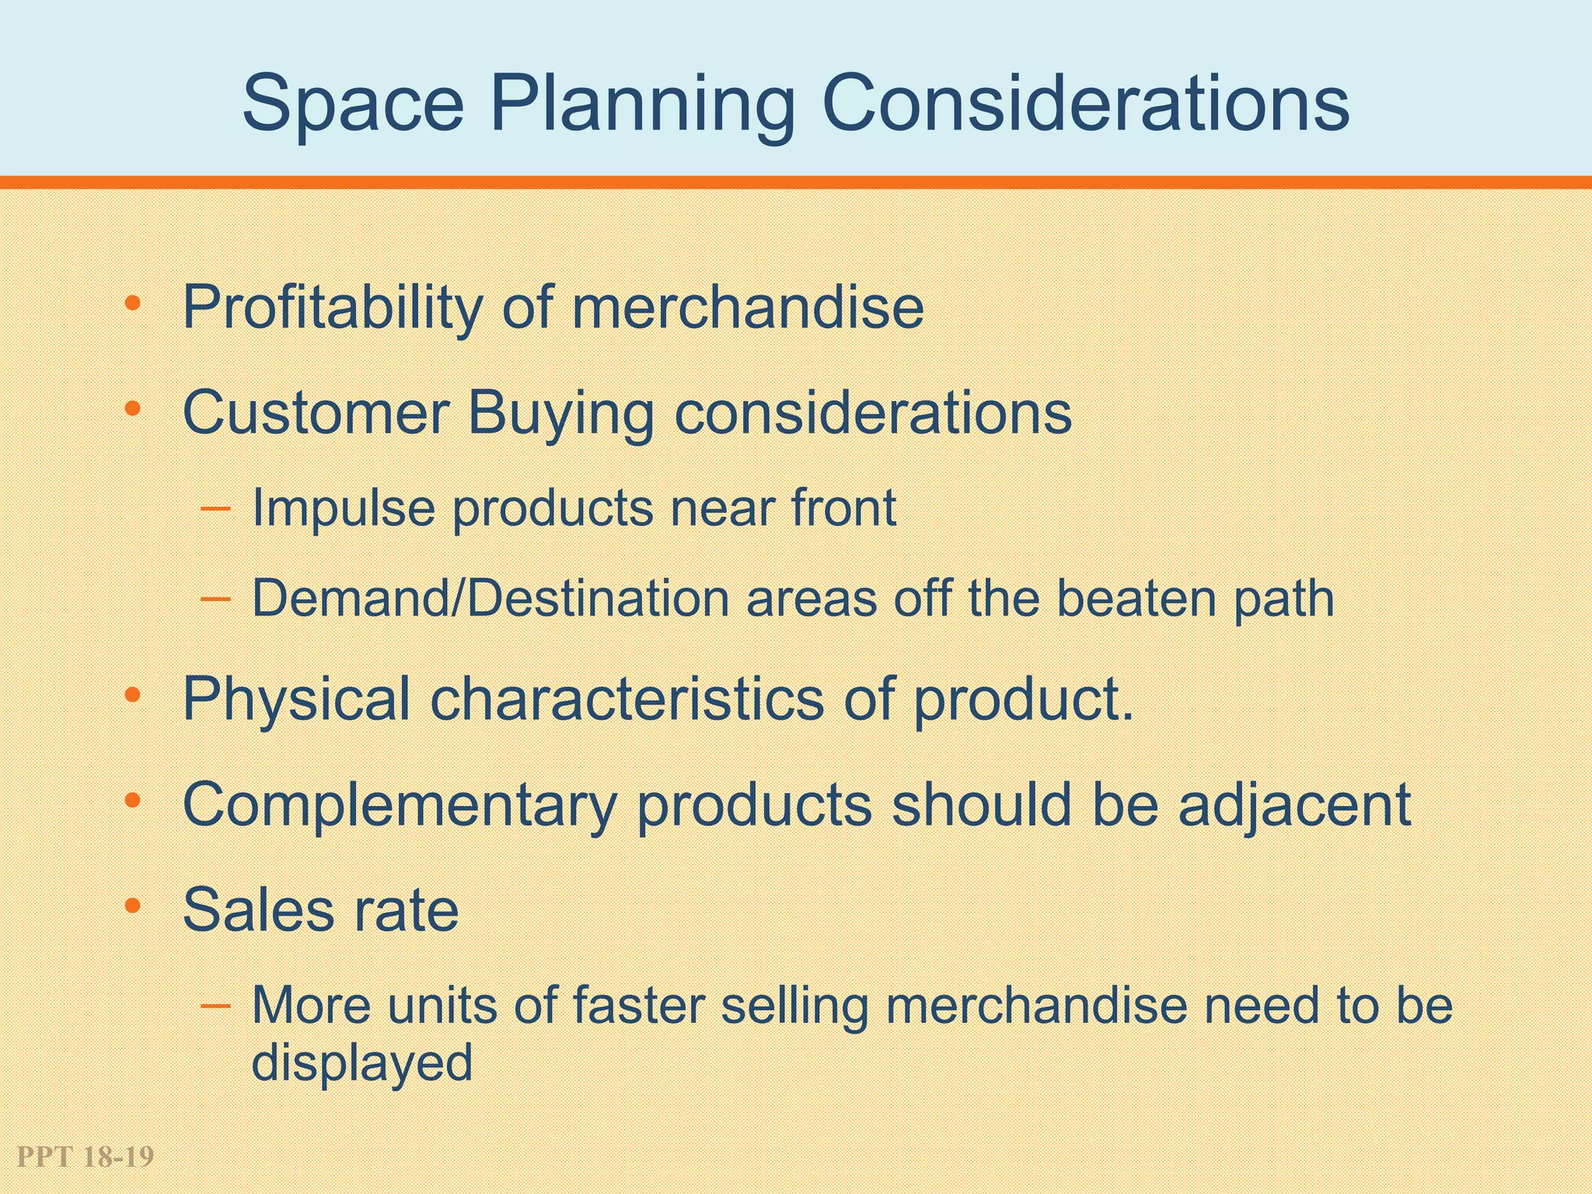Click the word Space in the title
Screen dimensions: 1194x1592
point(354,104)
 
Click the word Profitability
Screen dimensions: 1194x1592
point(332,309)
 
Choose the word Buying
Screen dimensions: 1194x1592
point(560,414)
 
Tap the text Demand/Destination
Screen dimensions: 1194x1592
point(491,599)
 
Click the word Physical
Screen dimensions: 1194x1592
point(296,700)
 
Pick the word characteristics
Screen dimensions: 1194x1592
point(627,699)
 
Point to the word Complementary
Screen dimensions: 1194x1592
point(400,805)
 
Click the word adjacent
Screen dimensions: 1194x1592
point(1294,805)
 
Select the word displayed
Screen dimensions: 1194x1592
point(362,1063)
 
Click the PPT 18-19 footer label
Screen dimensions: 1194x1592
point(85,1157)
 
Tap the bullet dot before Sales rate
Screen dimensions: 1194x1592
point(133,905)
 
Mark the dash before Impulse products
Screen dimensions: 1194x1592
point(215,509)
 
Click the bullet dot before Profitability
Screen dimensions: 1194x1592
point(133,303)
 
